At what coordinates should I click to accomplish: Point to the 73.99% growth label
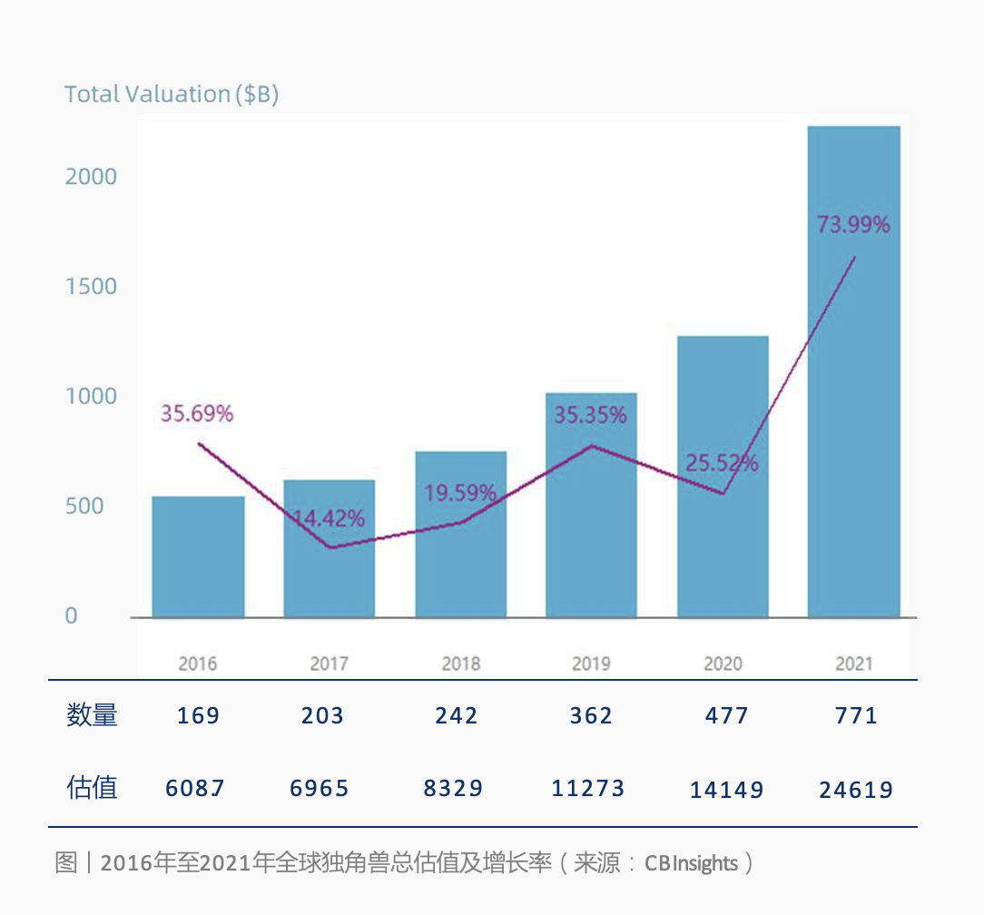point(853,224)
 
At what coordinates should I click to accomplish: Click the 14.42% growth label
point(329,518)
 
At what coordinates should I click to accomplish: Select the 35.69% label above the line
point(197,414)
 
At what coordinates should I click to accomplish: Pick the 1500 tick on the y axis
point(91,287)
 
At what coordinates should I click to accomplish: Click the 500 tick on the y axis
point(84,507)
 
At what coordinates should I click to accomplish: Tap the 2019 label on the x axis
point(591,664)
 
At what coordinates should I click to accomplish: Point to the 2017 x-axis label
point(329,664)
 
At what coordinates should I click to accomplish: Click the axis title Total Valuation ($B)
point(172,94)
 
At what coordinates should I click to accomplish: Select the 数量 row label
point(92,715)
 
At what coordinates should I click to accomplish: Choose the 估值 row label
point(92,787)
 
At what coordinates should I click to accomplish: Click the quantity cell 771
point(855,716)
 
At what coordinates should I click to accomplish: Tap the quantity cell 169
point(198,716)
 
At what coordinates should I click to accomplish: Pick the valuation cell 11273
point(588,788)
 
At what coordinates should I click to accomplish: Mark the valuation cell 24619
point(856,790)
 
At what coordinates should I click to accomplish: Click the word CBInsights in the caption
point(691,863)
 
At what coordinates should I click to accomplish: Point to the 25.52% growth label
point(722,463)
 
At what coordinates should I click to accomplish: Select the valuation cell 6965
point(320,788)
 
